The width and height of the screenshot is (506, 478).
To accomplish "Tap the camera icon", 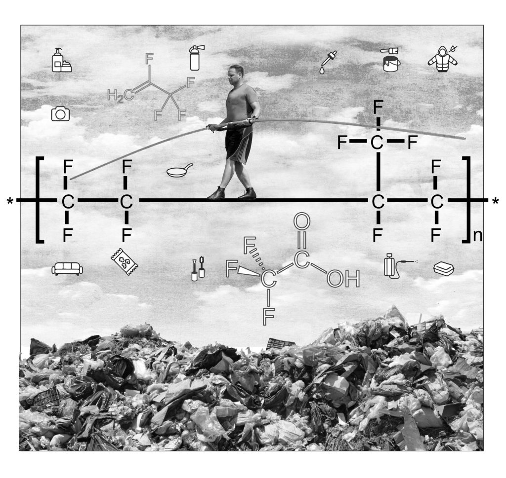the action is tap(60, 113).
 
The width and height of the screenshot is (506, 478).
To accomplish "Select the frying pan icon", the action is tap(179, 170).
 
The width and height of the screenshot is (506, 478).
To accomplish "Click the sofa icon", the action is tap(67, 269).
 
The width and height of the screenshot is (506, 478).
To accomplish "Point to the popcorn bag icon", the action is tap(125, 261).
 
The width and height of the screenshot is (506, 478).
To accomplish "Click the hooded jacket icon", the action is tap(442, 59).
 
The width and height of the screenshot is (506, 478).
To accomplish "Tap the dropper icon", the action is tap(328, 62).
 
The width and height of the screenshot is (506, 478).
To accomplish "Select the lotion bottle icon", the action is tap(61, 60).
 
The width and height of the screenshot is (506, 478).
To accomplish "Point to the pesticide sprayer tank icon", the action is tap(395, 266).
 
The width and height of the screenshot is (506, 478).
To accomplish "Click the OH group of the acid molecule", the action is tap(343, 279).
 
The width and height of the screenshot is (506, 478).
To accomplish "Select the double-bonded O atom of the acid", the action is tap(302, 222).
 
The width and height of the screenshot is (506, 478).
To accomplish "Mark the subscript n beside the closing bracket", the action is tap(478, 236).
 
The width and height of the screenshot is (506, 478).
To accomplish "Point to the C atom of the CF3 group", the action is tap(377, 142).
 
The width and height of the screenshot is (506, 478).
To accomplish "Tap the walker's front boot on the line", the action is tap(216, 193).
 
